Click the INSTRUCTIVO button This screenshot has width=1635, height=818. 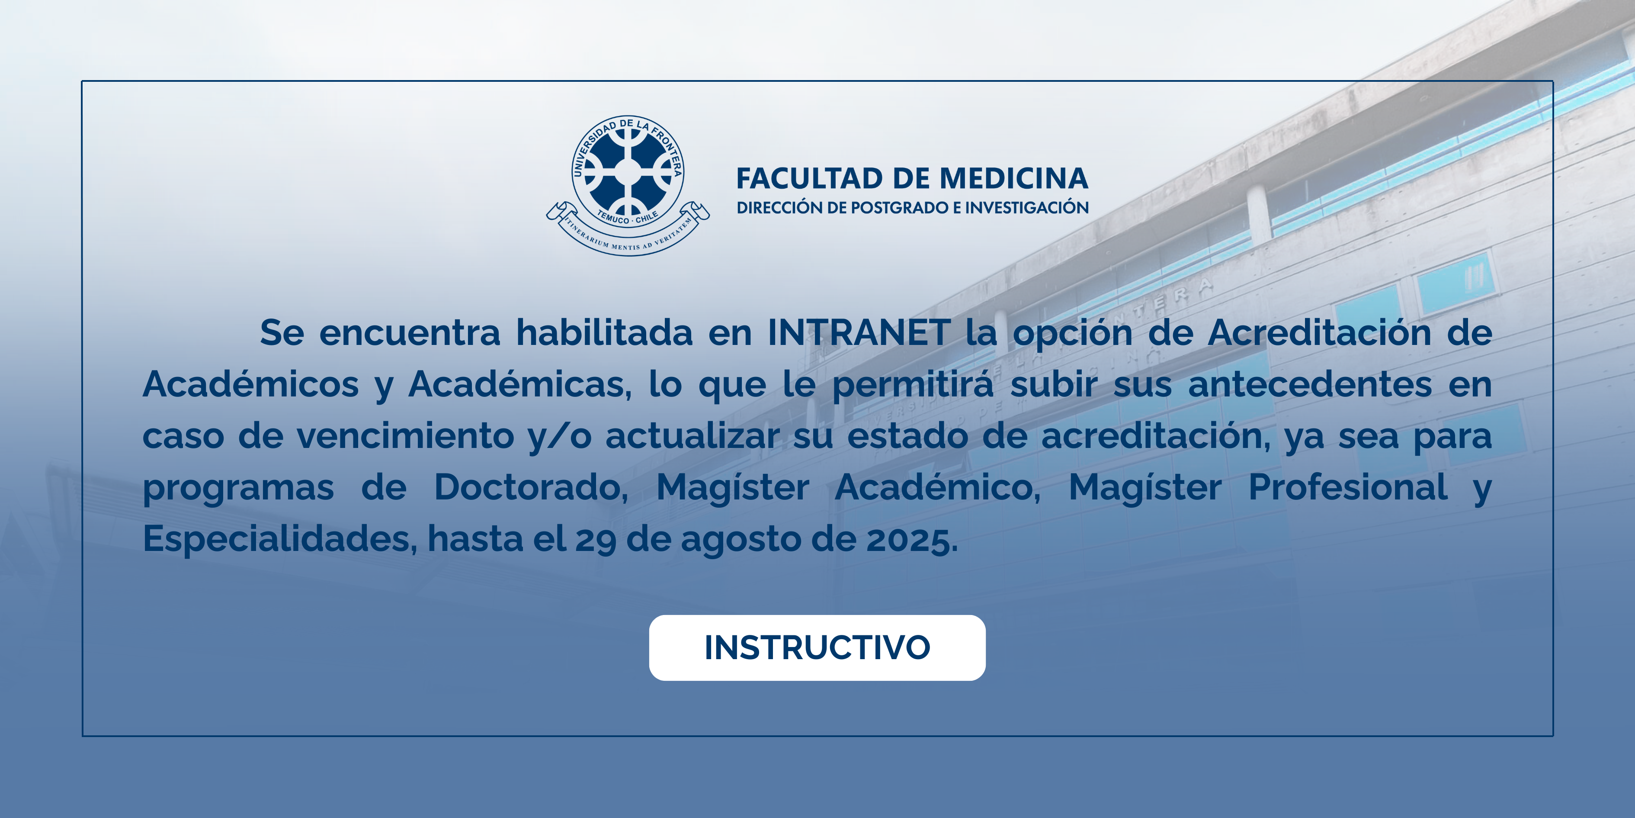click(817, 648)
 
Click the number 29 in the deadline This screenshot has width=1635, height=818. click(595, 540)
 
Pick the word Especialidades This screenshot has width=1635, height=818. click(279, 539)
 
